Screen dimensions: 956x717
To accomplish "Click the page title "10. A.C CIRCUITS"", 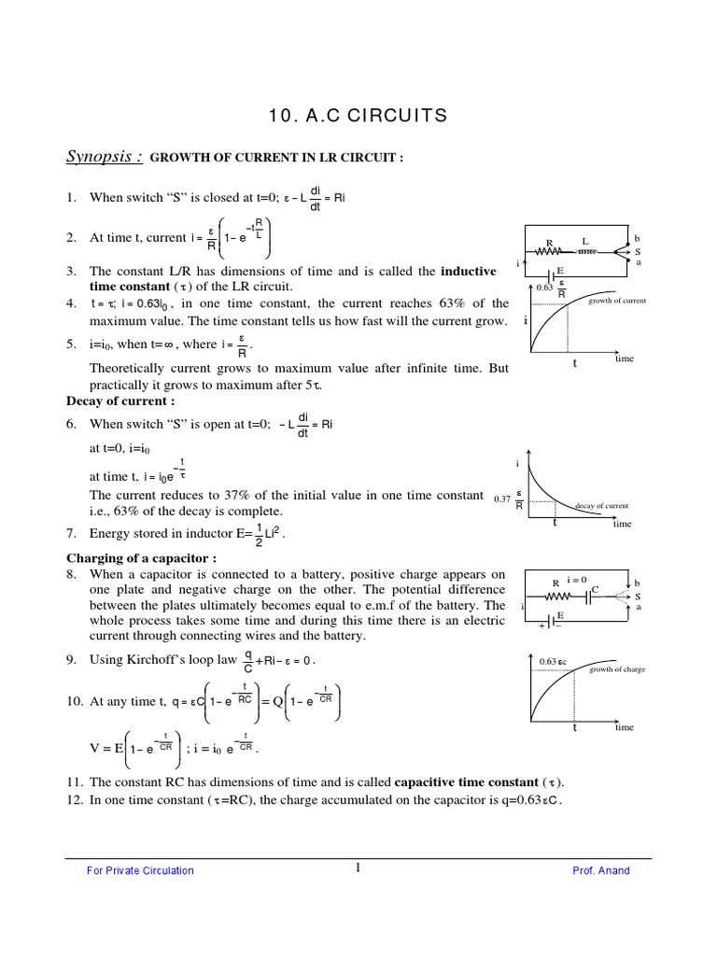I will point(358,116).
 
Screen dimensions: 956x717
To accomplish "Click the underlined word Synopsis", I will point(104,157).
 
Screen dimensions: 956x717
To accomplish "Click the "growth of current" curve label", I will point(616,301).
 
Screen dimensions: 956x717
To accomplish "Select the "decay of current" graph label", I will point(601,506).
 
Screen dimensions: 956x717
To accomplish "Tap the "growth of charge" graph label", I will point(616,669).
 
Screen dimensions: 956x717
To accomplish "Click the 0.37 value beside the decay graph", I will point(502,499).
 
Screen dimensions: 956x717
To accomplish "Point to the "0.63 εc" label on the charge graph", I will point(554,662).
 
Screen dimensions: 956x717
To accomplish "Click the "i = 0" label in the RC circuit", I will point(576,580).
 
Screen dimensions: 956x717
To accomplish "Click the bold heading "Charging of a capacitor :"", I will point(141,558).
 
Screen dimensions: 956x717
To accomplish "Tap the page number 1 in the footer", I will point(358,869).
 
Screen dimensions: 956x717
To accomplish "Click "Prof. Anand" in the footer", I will point(601,870).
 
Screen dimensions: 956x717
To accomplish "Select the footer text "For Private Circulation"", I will point(140,870).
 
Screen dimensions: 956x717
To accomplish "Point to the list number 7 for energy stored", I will point(71,534).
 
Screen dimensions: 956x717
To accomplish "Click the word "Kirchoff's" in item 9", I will point(160,660).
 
